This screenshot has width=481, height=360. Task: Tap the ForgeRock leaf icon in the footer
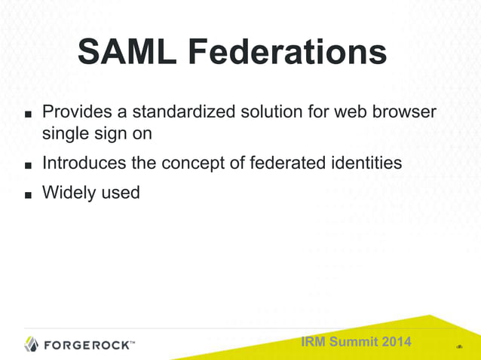click(x=32, y=345)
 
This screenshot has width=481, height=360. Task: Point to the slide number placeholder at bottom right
click(x=459, y=347)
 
